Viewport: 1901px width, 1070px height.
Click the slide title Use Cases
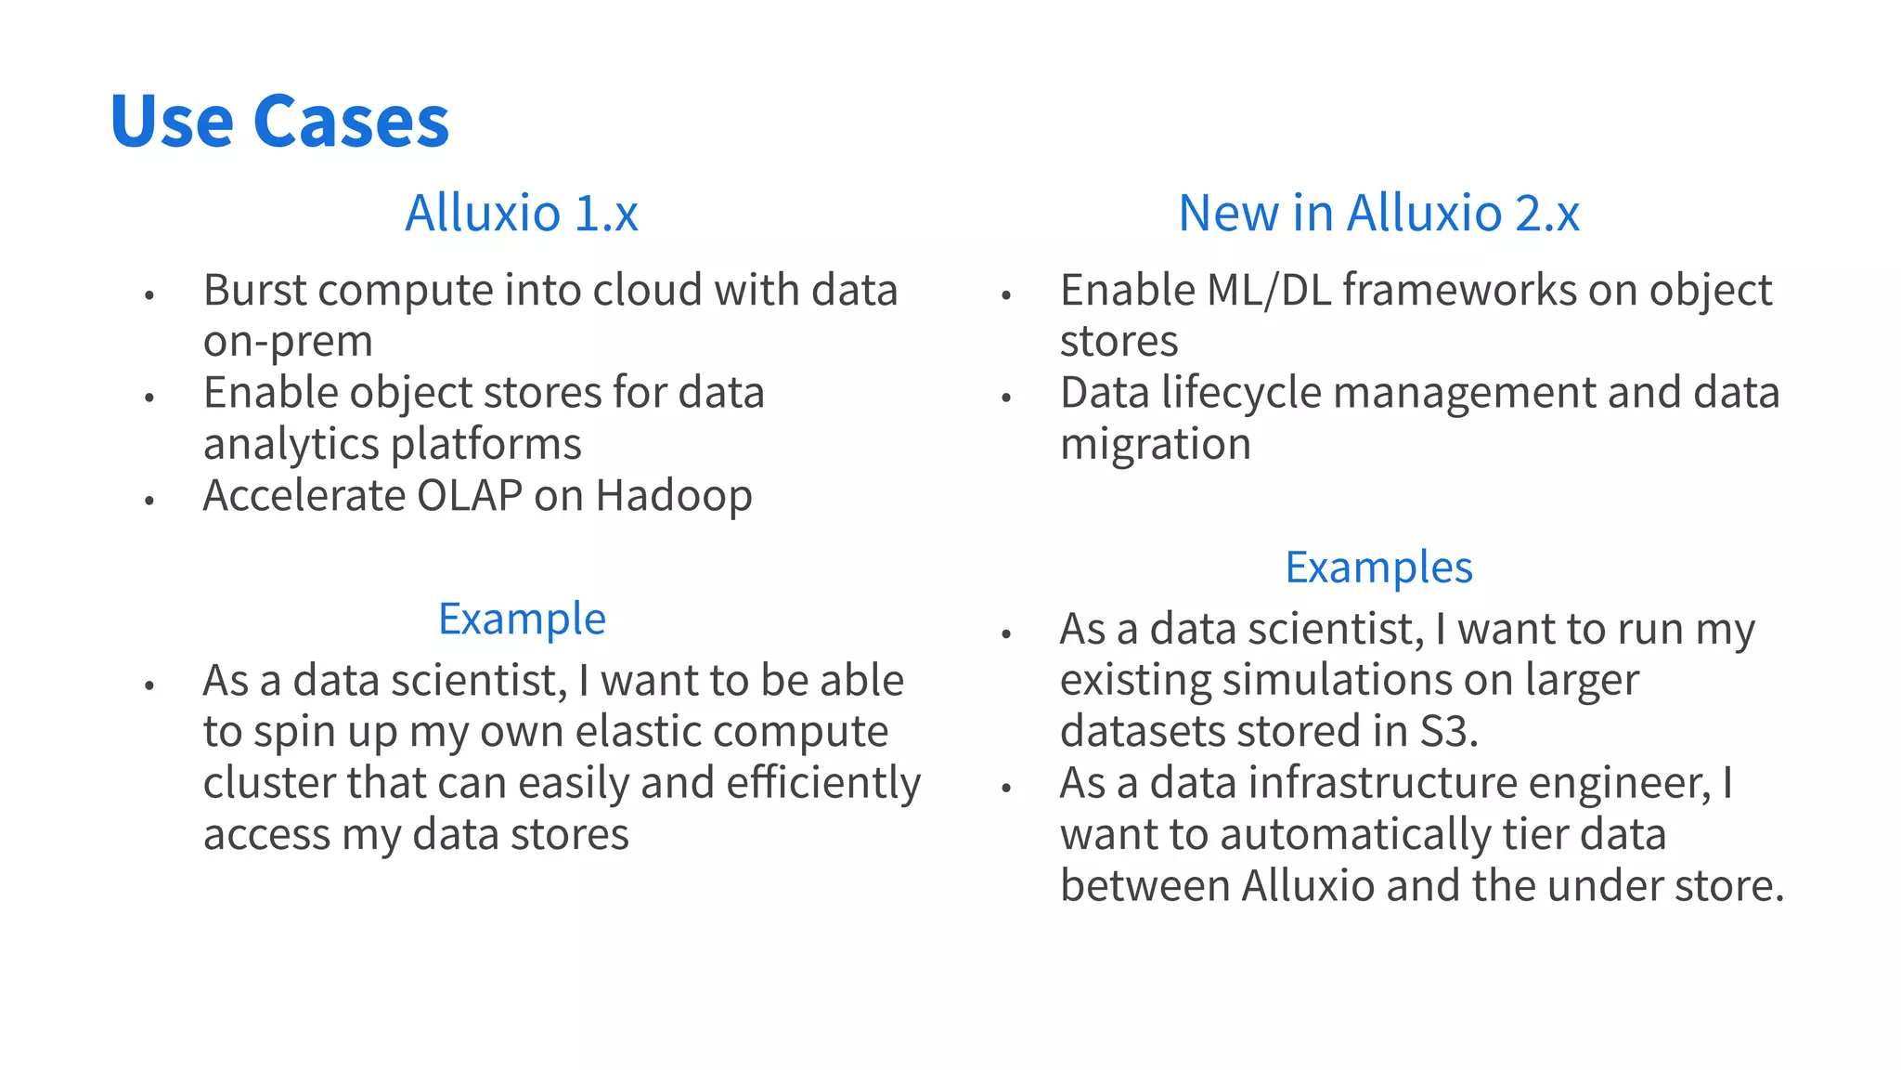279,121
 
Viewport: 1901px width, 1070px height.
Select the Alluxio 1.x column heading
522,213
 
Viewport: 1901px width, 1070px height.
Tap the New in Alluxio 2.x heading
1378,213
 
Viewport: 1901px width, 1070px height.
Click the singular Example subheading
522,619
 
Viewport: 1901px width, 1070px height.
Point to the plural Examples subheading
1378,567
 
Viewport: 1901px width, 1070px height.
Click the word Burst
255,291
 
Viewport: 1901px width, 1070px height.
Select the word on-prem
288,342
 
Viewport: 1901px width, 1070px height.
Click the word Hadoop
674,496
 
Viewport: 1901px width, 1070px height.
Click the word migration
1156,444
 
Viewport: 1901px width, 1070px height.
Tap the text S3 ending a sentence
1448,731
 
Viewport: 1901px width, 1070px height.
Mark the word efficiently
823,783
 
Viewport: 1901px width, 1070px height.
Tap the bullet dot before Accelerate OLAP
149,501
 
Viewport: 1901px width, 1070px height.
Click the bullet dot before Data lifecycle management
1006,398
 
